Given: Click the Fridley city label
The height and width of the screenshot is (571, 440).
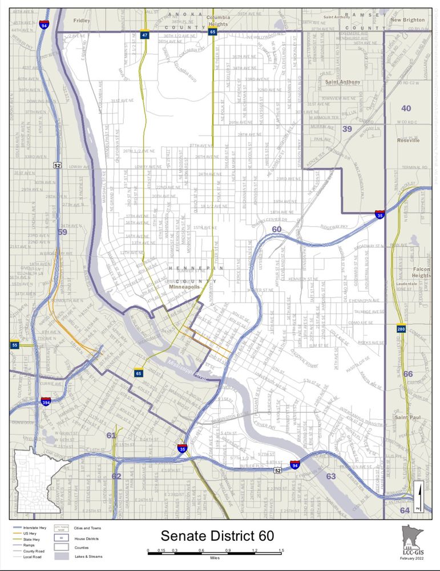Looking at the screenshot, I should pos(82,21).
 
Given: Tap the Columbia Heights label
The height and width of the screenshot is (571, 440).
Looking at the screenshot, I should pos(218,21).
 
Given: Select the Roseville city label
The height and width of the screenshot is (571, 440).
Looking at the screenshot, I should pos(408,140).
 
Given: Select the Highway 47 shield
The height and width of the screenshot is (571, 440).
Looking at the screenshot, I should pos(145,35).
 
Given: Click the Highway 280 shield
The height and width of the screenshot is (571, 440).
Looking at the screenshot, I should pos(402,329).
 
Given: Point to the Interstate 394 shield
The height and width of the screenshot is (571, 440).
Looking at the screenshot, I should pos(46,403).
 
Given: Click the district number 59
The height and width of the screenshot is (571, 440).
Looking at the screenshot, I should pos(62,232).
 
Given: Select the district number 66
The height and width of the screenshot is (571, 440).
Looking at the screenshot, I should pos(408,374).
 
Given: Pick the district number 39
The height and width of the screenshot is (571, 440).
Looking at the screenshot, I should pos(347,129).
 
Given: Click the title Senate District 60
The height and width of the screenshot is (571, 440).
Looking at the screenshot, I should pos(217,536).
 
